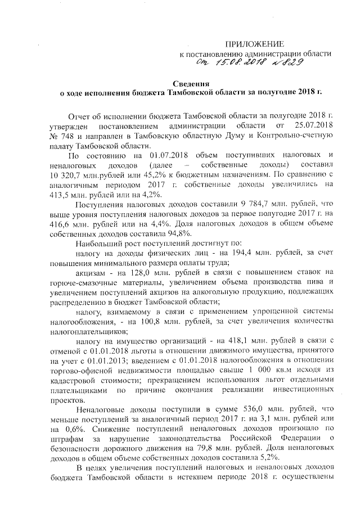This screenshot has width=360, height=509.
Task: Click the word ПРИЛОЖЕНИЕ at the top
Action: click(254, 43)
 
